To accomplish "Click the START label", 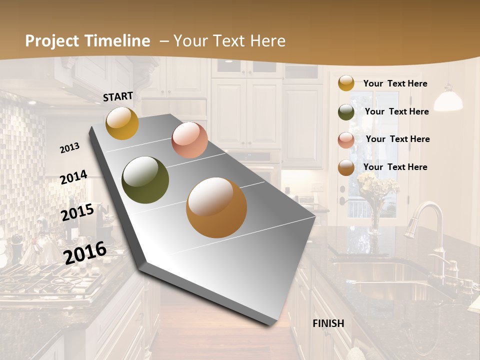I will (118, 96).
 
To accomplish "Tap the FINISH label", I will (328, 323).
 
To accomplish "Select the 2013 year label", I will (70, 147).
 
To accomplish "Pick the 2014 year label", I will (74, 177).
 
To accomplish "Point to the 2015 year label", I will (77, 212).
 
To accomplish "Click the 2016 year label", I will (85, 252).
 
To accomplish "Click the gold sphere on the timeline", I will (122, 123).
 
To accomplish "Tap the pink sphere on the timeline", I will (189, 140).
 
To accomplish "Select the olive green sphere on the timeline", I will (145, 180).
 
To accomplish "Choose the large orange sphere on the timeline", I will (216, 207).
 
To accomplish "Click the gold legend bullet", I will (346, 83).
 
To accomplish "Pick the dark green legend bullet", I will (346, 112).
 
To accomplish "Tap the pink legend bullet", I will (346, 140).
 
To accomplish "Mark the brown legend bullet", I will (346, 168).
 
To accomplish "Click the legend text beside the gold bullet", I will (395, 83).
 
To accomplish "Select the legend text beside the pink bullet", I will (397, 139).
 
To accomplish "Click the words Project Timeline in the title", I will (87, 41).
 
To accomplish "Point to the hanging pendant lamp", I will (447, 99).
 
